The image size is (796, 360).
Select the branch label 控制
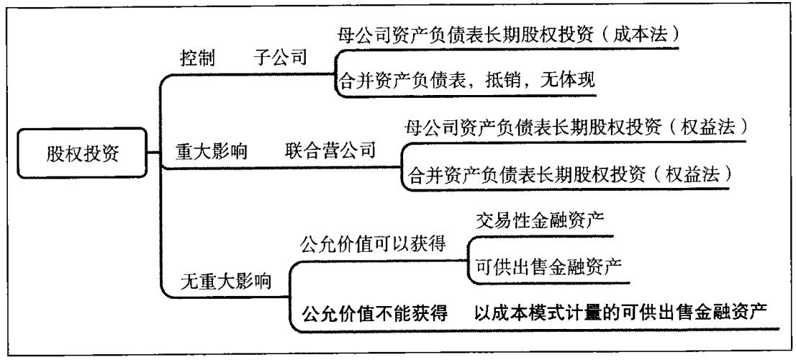coord(196,60)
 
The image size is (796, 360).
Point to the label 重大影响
coord(212,153)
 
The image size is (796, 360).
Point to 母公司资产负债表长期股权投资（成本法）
coord(508,34)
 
